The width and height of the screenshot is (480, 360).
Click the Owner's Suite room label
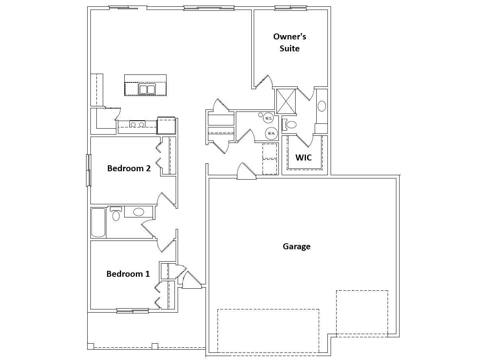click(x=290, y=42)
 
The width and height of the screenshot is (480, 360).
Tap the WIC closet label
click(x=304, y=157)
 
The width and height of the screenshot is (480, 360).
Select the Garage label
click(x=296, y=247)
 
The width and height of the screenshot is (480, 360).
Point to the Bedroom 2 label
click(x=129, y=168)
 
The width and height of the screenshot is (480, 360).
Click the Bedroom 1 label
click(x=128, y=274)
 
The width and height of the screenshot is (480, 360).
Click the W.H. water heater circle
click(x=271, y=133)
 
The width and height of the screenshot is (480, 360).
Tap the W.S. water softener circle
click(x=268, y=118)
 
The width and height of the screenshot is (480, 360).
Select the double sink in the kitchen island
click(x=147, y=89)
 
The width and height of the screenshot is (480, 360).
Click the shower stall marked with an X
click(x=286, y=101)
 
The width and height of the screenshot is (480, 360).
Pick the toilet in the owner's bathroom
click(x=289, y=125)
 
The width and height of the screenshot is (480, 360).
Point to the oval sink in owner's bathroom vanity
click(x=322, y=106)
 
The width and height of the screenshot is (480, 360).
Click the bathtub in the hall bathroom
click(x=98, y=223)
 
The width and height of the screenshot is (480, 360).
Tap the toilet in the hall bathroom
click(x=116, y=213)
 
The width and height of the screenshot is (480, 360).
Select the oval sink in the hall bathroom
click(x=139, y=212)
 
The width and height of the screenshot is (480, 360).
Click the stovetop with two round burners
click(x=137, y=124)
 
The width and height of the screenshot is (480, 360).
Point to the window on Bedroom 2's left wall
click(x=88, y=170)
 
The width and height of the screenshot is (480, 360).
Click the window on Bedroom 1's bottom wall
click(x=133, y=311)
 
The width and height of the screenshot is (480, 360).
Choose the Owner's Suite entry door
click(x=264, y=81)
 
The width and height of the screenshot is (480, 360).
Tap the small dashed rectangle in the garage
click(x=362, y=313)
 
